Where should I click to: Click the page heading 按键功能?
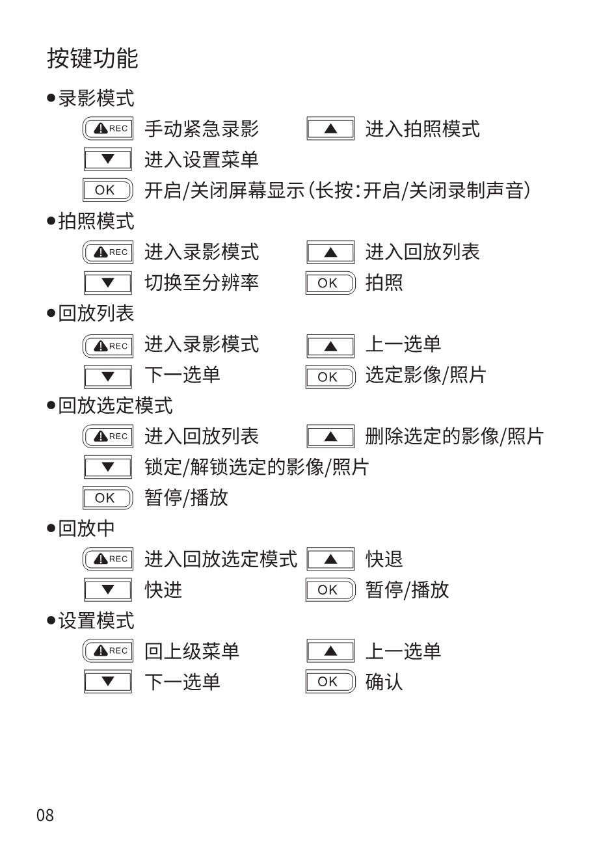coord(92,59)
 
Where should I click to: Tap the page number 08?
coord(45,815)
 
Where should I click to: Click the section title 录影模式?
coord(96,98)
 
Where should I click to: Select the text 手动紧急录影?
coord(202,129)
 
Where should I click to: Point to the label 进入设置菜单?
coord(202,159)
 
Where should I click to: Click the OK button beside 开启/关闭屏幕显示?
coord(108,190)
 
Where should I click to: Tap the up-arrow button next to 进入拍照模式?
coord(330,129)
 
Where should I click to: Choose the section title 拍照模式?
coord(96,221)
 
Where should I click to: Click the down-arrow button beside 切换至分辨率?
coord(108,282)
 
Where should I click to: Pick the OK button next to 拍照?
coord(330,282)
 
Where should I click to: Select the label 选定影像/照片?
coord(426,375)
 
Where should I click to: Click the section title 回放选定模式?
coord(115,405)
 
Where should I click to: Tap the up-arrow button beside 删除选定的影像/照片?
coord(330,436)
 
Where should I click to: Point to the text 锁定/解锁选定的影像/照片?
coord(257,467)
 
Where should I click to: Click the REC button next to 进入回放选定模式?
coord(108,559)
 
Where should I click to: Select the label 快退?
coord(384,559)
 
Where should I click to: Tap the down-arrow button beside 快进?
coord(108,589)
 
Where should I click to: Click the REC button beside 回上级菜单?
coord(108,651)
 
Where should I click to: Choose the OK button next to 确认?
coord(330,682)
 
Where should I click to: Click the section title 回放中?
coord(87,528)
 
